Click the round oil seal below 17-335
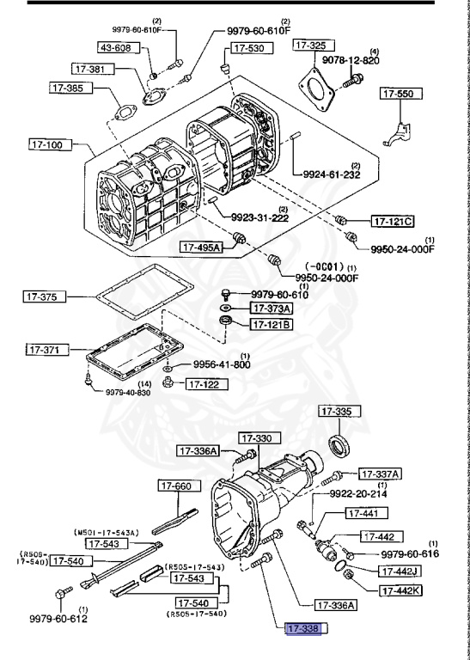pyautogui.click(x=340, y=444)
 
